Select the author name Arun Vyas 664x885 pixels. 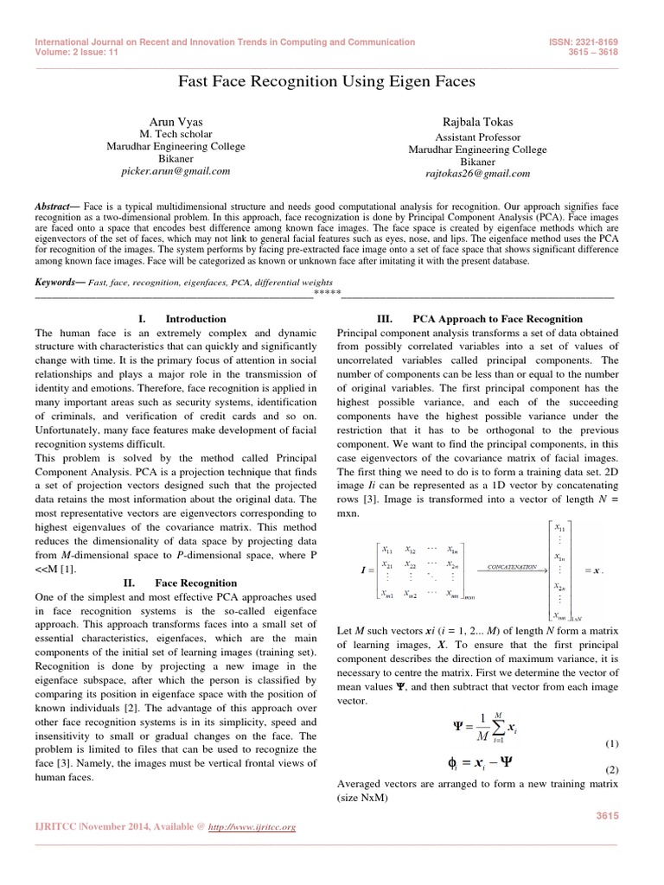(182, 124)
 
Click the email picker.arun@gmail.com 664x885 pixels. (182, 171)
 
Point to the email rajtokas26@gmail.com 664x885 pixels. (478, 173)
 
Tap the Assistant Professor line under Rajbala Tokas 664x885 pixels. (478, 137)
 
